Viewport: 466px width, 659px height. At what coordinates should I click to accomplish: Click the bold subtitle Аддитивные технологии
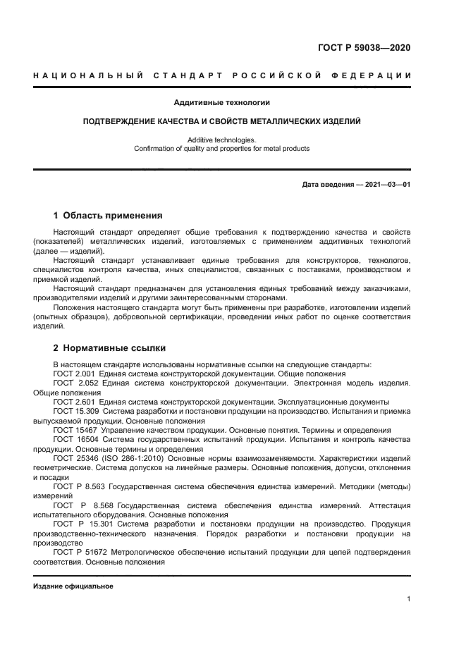click(x=221, y=103)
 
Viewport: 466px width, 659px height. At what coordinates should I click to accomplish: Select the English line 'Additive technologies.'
click(x=221, y=140)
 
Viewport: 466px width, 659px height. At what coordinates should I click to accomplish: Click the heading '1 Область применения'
click(x=108, y=215)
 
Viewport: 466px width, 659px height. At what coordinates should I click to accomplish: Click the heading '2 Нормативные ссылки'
click(x=109, y=347)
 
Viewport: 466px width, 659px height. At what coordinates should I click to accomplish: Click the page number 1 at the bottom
click(x=409, y=599)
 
